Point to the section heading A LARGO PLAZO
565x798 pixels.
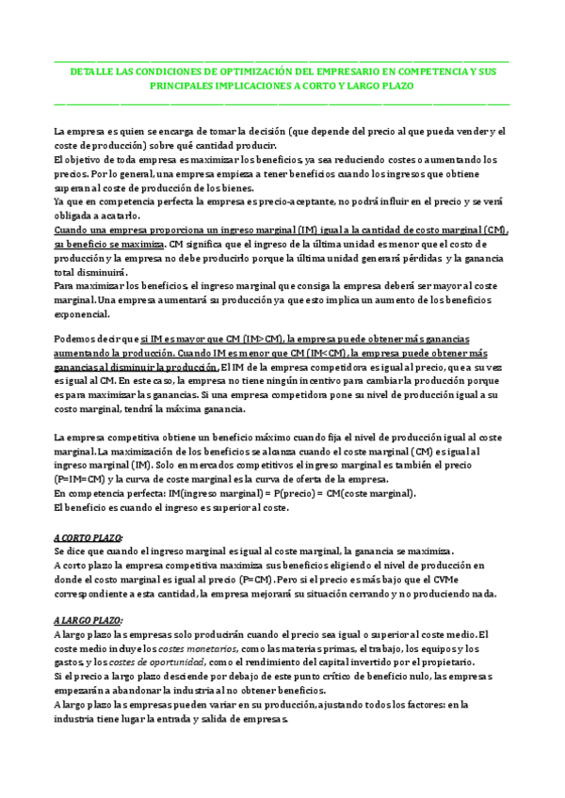tap(89, 622)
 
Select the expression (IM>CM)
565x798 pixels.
tap(266, 338)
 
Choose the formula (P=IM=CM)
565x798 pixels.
tap(83, 479)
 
